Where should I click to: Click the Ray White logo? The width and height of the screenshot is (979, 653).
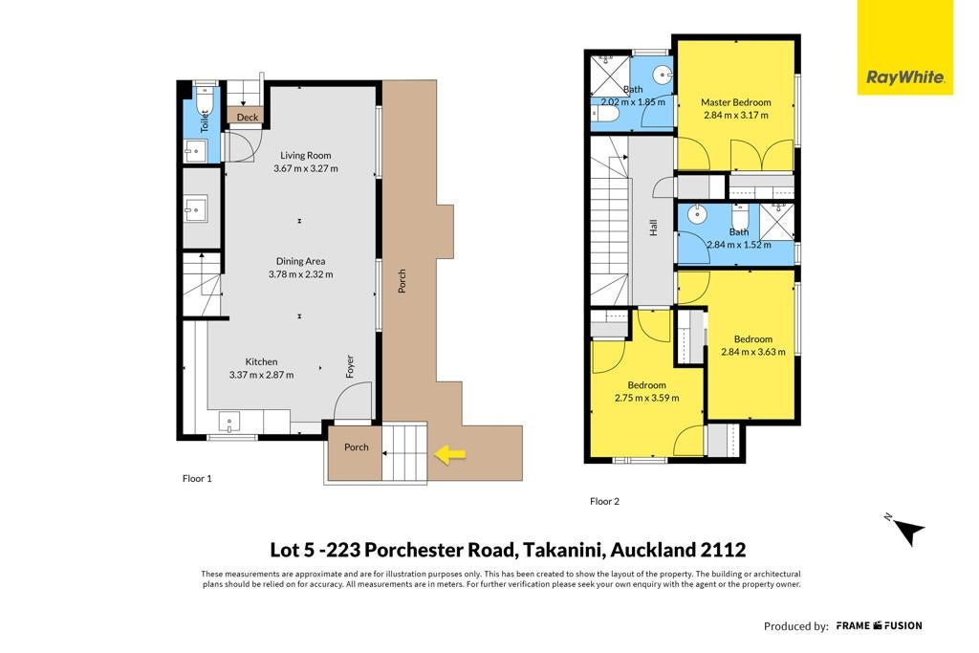904,48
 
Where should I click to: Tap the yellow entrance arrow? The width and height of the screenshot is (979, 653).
450,454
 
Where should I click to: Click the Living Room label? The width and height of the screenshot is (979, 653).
305,156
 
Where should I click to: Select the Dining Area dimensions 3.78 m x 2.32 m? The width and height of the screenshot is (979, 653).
300,274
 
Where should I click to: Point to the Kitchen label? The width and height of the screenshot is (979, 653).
261,362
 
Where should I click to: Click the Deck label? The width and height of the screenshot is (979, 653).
248,118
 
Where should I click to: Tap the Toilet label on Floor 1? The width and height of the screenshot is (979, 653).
205,121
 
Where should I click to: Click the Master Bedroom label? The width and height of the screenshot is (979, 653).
735,102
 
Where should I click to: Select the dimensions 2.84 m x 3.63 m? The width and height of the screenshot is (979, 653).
753,352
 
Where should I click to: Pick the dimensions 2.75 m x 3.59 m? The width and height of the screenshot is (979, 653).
647,398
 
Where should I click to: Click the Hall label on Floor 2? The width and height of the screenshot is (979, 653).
653,228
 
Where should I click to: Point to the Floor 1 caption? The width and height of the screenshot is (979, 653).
197,479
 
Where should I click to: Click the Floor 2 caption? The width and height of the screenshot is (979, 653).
604,501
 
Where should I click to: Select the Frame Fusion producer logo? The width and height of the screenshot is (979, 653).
879,625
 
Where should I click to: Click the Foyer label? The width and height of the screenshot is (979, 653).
350,366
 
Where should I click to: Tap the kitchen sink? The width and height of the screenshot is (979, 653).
229,423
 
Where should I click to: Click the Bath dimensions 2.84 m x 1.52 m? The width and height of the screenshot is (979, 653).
739,245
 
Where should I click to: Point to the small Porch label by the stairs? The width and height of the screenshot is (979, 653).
357,447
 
